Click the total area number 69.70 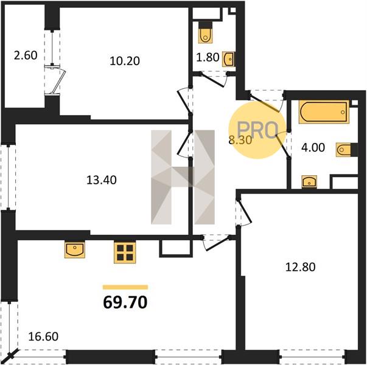(x=125, y=302)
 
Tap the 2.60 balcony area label (x=26, y=56)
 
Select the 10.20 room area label (x=125, y=61)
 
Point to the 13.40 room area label (x=102, y=180)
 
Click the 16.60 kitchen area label (x=43, y=336)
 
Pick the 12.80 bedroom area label (x=300, y=267)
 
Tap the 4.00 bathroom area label (x=313, y=148)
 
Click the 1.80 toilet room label (x=208, y=57)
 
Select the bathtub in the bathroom (x=324, y=112)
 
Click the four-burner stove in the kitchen (x=125, y=252)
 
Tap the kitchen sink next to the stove (x=75, y=249)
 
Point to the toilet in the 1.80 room (x=206, y=32)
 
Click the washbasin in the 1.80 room (x=228, y=59)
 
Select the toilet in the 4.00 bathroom (x=347, y=150)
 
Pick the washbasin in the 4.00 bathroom (x=309, y=181)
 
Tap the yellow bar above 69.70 (x=125, y=287)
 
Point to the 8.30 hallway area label (x=240, y=141)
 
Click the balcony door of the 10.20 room (x=56, y=80)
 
